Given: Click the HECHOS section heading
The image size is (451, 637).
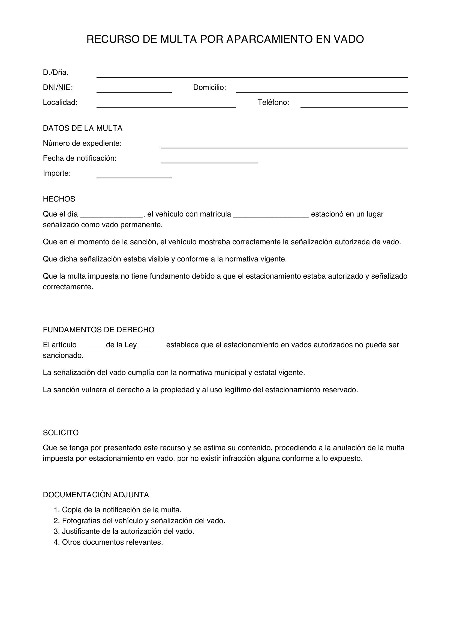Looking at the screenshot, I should tap(59, 199).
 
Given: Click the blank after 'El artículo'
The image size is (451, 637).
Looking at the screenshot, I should tap(91, 346).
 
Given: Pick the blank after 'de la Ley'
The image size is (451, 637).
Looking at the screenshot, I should tap(151, 346).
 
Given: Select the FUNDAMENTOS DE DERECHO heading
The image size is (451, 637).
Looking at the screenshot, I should tap(98, 330).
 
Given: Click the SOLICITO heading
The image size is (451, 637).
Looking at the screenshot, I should tap(61, 432).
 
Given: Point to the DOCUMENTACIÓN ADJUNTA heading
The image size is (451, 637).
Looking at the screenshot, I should tap(96, 495).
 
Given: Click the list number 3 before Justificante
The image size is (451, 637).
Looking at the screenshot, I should tap(57, 531).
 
